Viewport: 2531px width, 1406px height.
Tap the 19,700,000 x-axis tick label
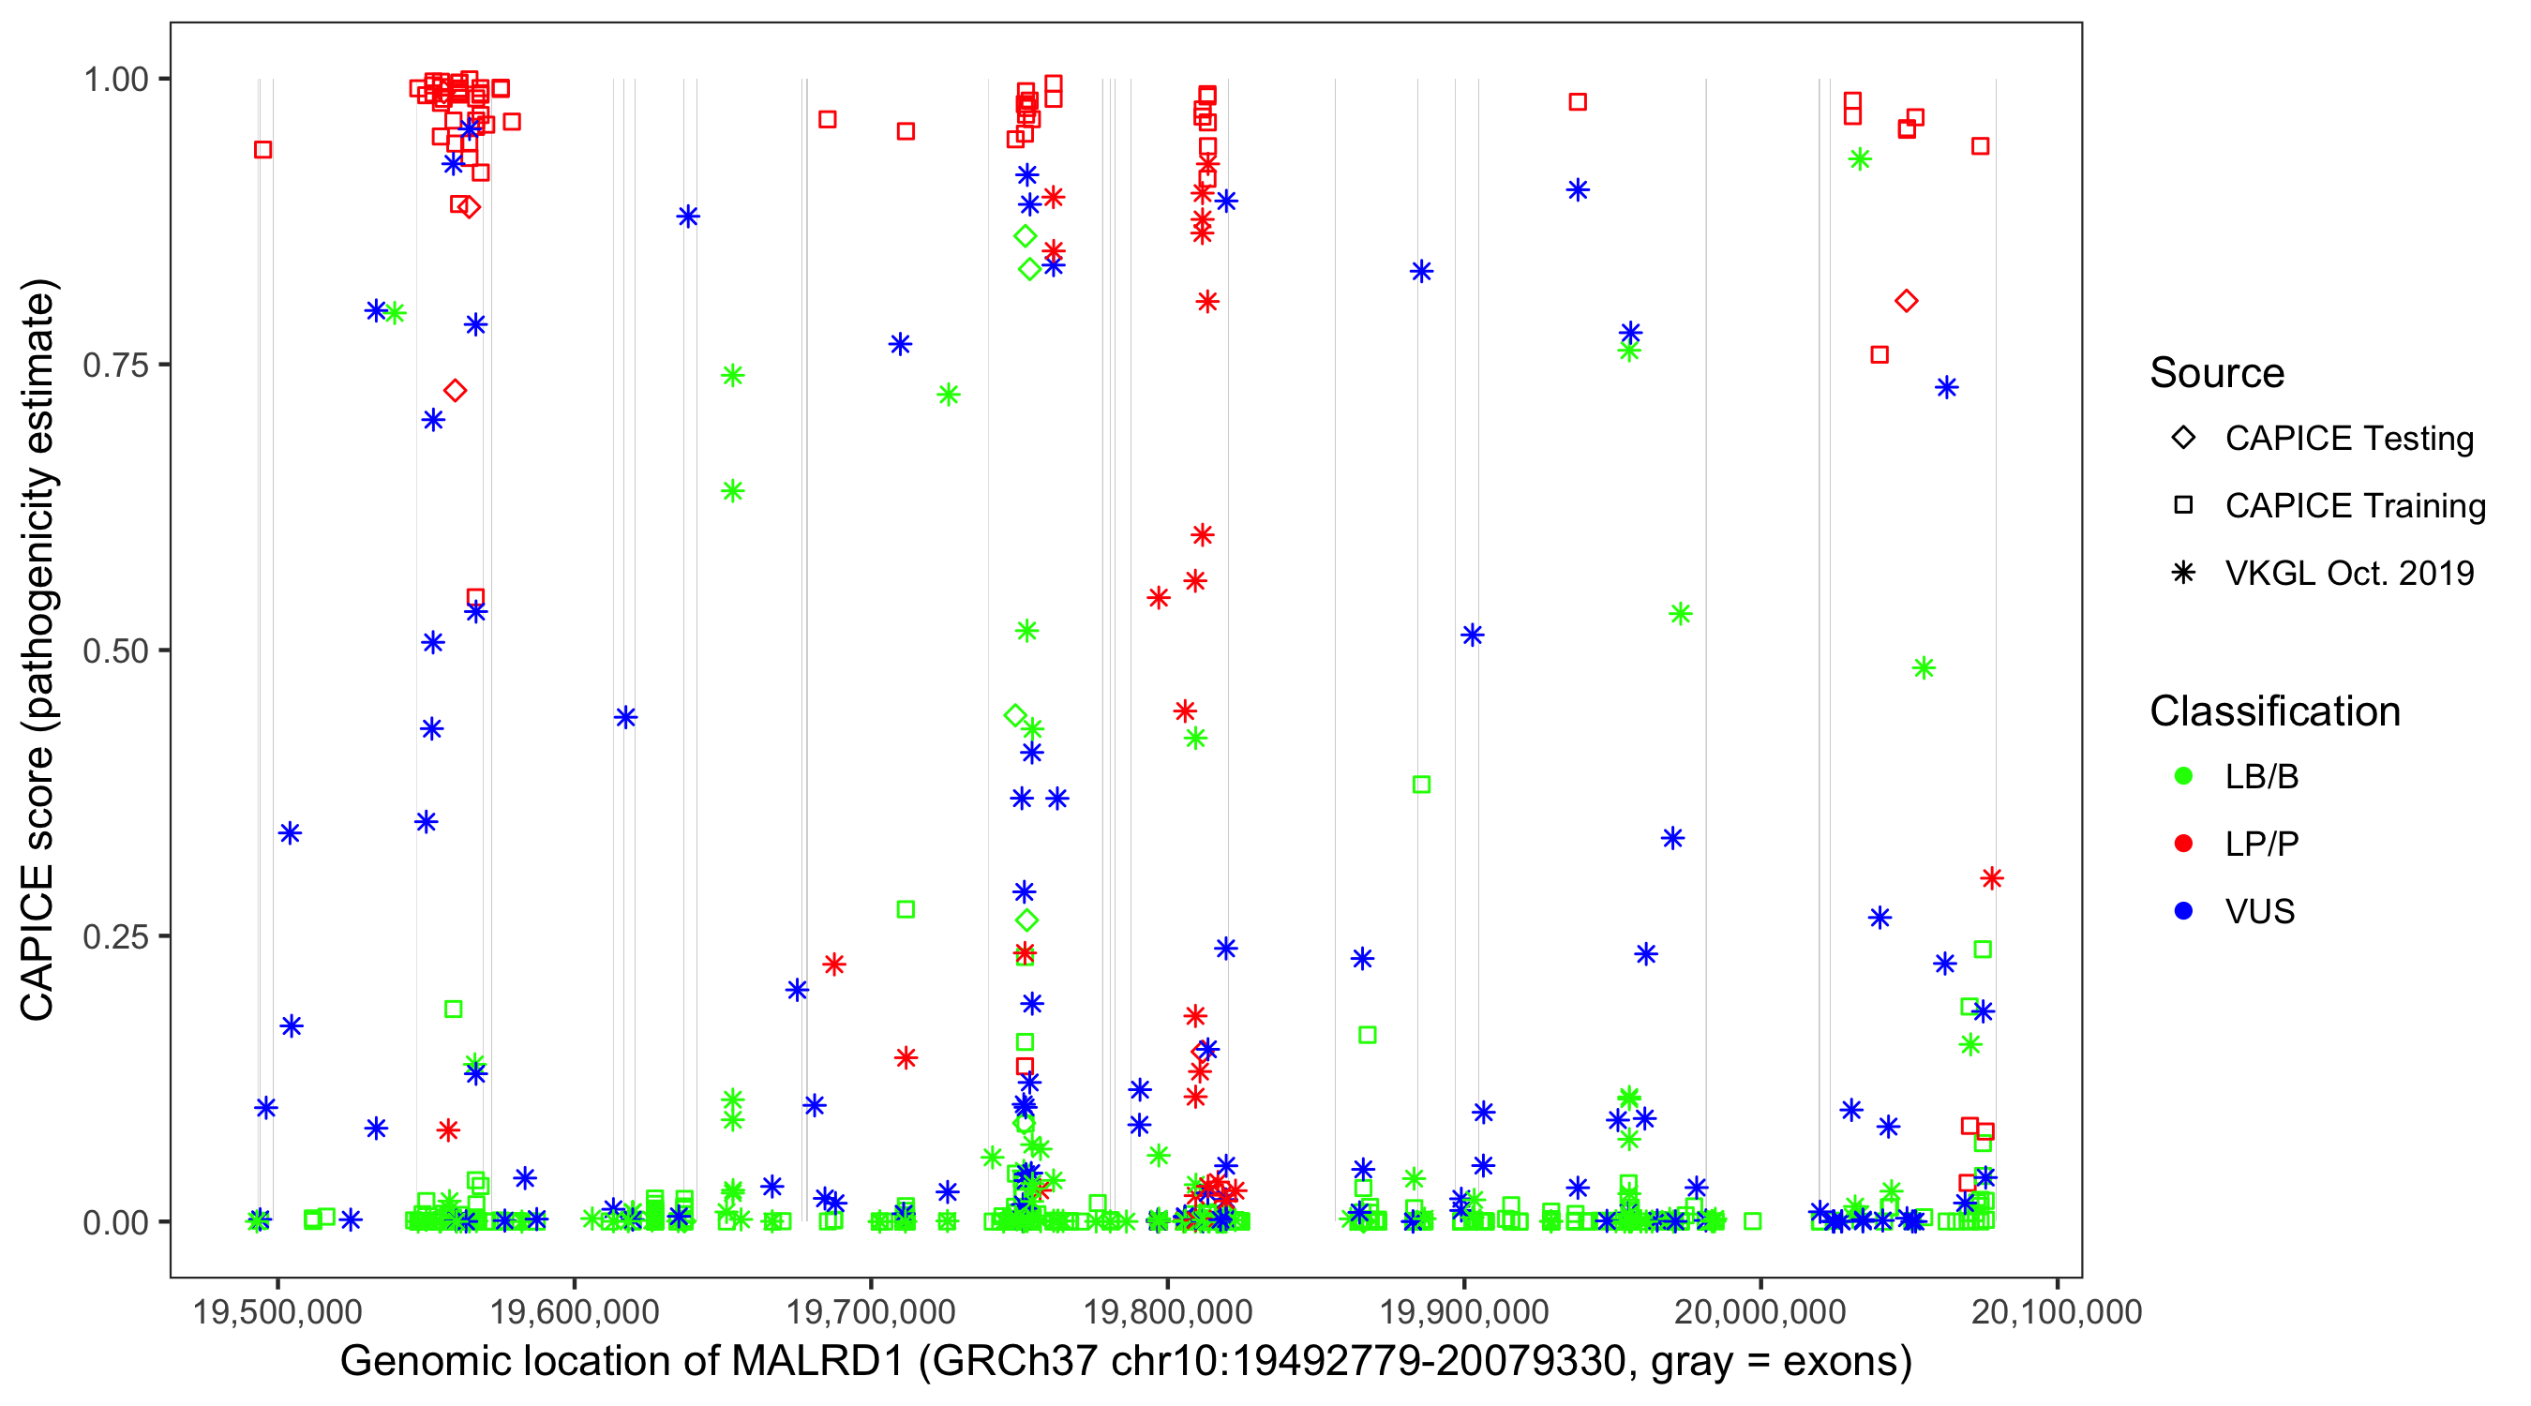[871, 1311]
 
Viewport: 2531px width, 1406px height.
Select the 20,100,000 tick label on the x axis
[2057, 1311]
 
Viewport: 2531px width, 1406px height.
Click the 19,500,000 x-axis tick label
[278, 1311]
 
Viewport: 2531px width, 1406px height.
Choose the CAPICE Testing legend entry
[2348, 439]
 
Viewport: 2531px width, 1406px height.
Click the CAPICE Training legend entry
[2354, 506]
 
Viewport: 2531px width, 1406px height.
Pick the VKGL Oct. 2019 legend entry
[2348, 574]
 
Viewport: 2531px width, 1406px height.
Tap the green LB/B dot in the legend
[2184, 777]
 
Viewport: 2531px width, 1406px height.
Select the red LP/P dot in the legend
[2184, 844]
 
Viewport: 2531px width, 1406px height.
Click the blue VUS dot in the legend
[2184, 912]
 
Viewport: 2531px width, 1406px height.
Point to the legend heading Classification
[2274, 711]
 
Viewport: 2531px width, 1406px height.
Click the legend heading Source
[2217, 373]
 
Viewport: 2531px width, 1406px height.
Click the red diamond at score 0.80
[1906, 302]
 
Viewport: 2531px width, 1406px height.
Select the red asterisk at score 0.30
[1992, 878]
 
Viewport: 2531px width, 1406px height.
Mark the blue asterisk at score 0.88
[688, 217]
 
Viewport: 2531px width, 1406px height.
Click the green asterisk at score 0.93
[1859, 160]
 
